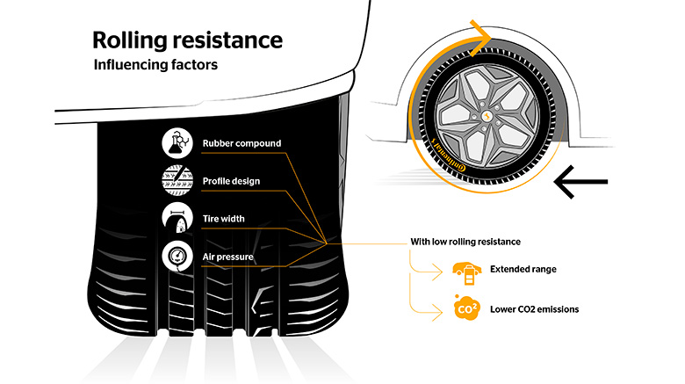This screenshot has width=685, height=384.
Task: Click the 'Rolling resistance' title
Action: tap(187, 40)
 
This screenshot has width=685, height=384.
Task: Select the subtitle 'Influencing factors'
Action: tap(155, 65)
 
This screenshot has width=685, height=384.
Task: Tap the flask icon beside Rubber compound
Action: tap(177, 143)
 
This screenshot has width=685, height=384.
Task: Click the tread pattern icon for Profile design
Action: tap(177, 181)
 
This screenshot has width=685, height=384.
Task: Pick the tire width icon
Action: tap(177, 218)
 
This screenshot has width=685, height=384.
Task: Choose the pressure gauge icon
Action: tap(177, 256)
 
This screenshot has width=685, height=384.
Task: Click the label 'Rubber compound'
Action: tap(242, 143)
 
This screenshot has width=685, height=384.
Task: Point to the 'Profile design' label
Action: tap(231, 181)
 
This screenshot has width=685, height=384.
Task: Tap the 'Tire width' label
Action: tap(223, 219)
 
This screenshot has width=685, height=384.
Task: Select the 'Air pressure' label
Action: tap(227, 257)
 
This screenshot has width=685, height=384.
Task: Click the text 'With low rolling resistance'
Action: tap(465, 242)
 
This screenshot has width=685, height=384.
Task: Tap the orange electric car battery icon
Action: tap(467, 273)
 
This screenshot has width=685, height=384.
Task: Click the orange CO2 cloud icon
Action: tap(466, 308)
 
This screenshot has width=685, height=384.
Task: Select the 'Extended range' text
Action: tap(523, 269)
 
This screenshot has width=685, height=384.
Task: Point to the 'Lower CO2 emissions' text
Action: tap(534, 309)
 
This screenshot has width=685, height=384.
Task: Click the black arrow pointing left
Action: tap(580, 182)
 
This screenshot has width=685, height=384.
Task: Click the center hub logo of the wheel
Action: tap(487, 116)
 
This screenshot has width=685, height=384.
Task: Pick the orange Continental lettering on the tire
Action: tap(448, 156)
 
